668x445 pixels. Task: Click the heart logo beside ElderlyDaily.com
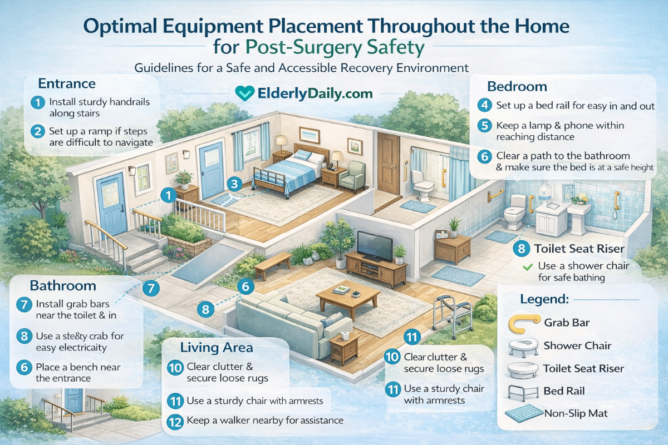tap(245, 93)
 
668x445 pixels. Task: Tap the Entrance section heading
tap(67, 84)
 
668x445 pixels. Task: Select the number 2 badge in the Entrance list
tap(37, 132)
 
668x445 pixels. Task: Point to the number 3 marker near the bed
tap(235, 184)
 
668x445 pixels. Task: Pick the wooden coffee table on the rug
tap(347, 297)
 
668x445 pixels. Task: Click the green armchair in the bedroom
tap(352, 175)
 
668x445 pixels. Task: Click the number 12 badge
tap(175, 421)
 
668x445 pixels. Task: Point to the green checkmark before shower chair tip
tap(527, 266)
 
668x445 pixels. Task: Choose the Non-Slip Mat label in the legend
tap(576, 413)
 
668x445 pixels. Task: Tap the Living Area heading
tap(217, 348)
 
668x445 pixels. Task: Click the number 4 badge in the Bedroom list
tap(485, 105)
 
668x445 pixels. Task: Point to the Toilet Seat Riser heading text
tap(579, 249)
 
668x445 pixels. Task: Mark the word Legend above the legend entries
tap(544, 299)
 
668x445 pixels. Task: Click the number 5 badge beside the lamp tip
tap(485, 126)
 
